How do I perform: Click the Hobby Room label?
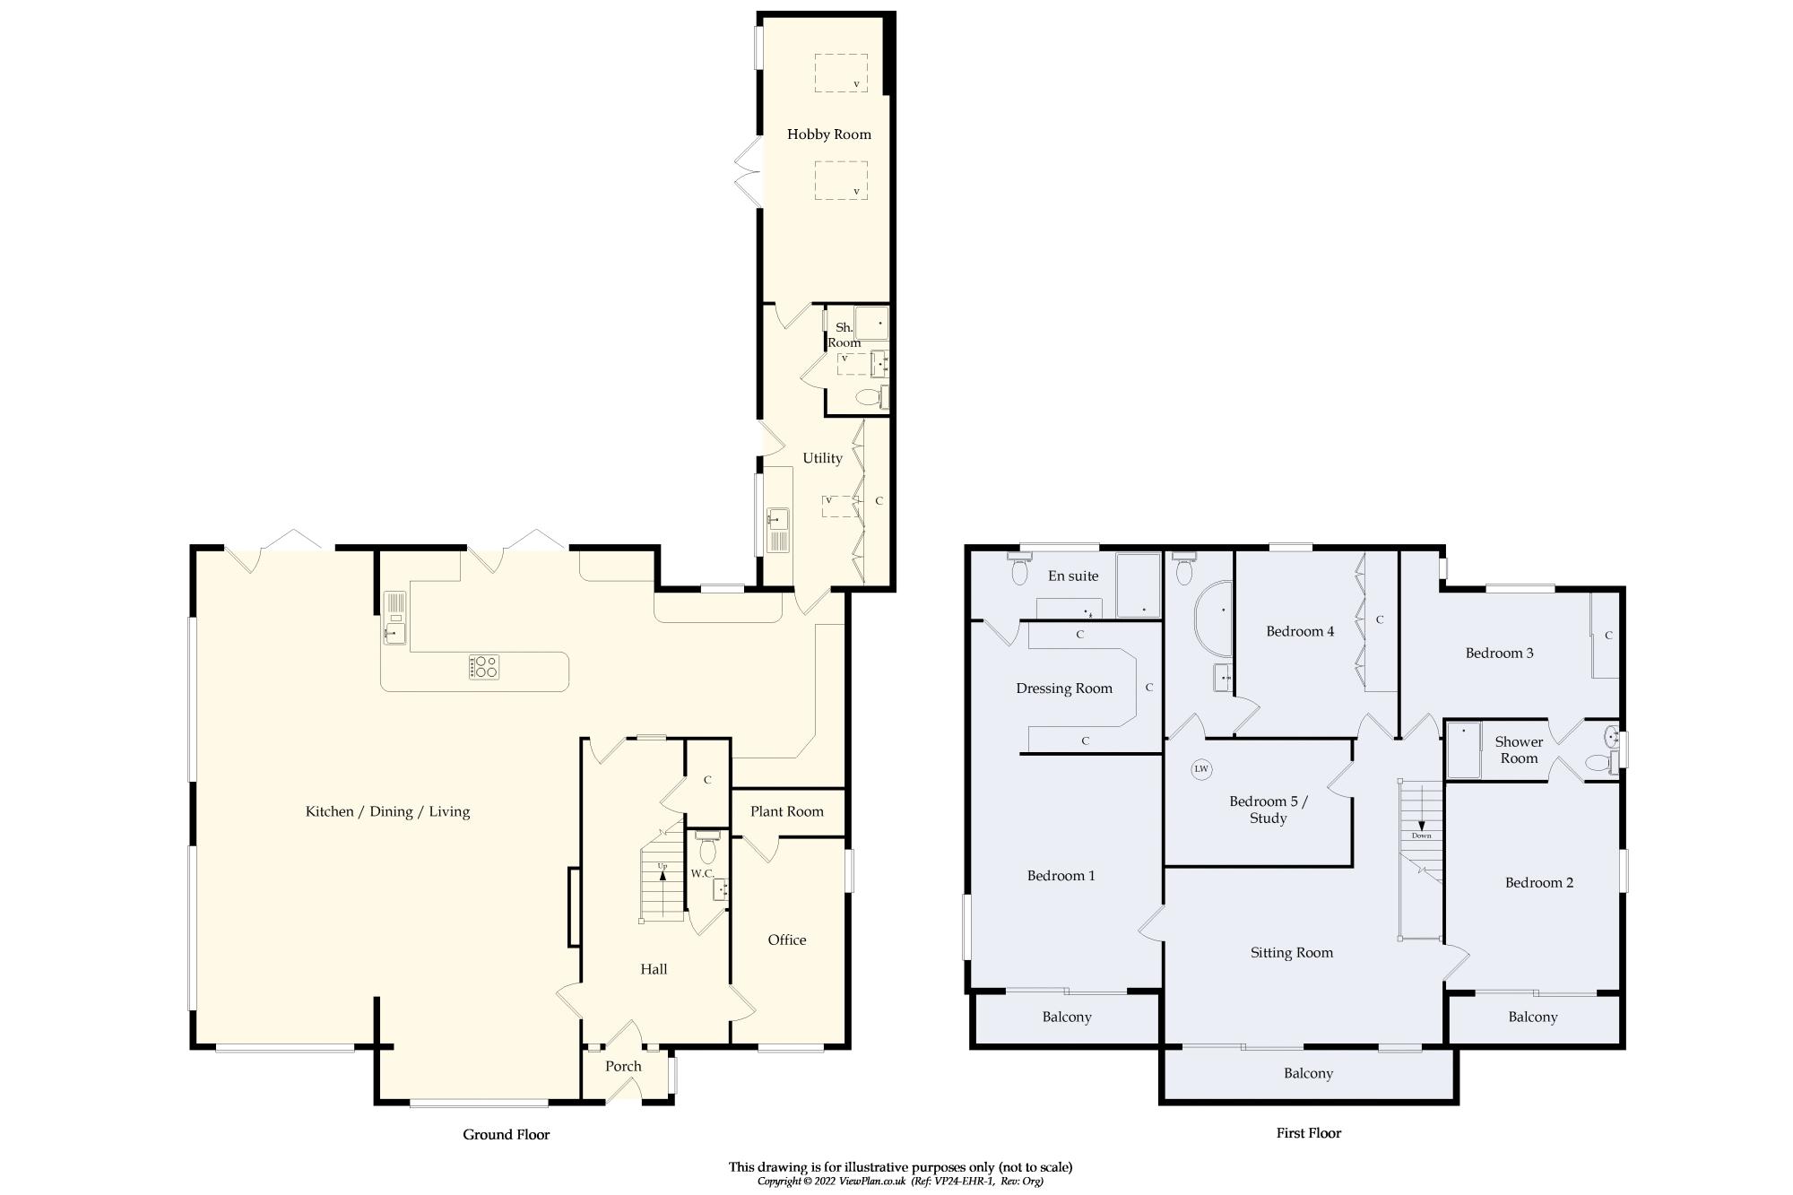828,134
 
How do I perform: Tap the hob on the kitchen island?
484,667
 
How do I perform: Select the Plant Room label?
786,811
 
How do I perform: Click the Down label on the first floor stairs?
1421,836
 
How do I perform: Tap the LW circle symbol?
1201,769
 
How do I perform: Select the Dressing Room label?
1063,688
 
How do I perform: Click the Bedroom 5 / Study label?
1268,810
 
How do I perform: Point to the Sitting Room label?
1291,953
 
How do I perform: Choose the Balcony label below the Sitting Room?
1308,1073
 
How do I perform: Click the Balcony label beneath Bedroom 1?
1066,1017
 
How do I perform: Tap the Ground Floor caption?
506,1134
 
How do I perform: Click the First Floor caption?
1308,1133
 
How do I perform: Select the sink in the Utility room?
776,519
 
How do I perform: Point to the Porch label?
623,1066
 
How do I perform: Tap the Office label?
786,940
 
